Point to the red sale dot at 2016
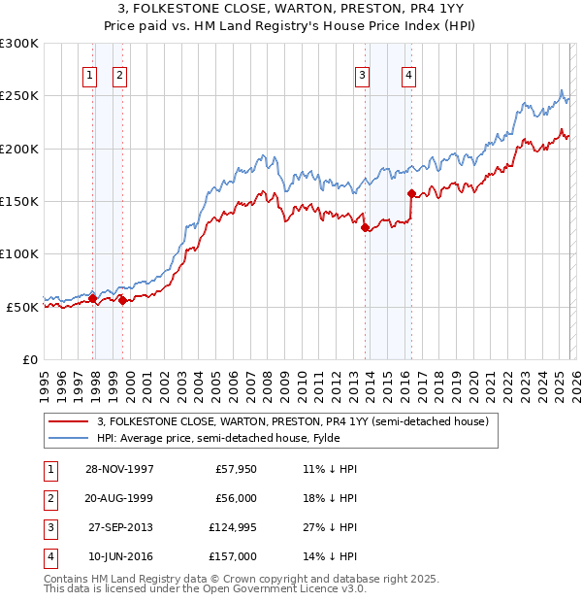pyautogui.click(x=411, y=193)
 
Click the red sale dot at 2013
pyautogui.click(x=365, y=228)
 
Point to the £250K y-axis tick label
pyautogui.click(x=19, y=96)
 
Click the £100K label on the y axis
pyautogui.click(x=19, y=253)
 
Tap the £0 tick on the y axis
pyautogui.click(x=29, y=359)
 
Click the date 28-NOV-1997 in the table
pyautogui.click(x=119, y=469)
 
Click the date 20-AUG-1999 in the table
pyautogui.click(x=119, y=500)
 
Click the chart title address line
pyautogui.click(x=291, y=9)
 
